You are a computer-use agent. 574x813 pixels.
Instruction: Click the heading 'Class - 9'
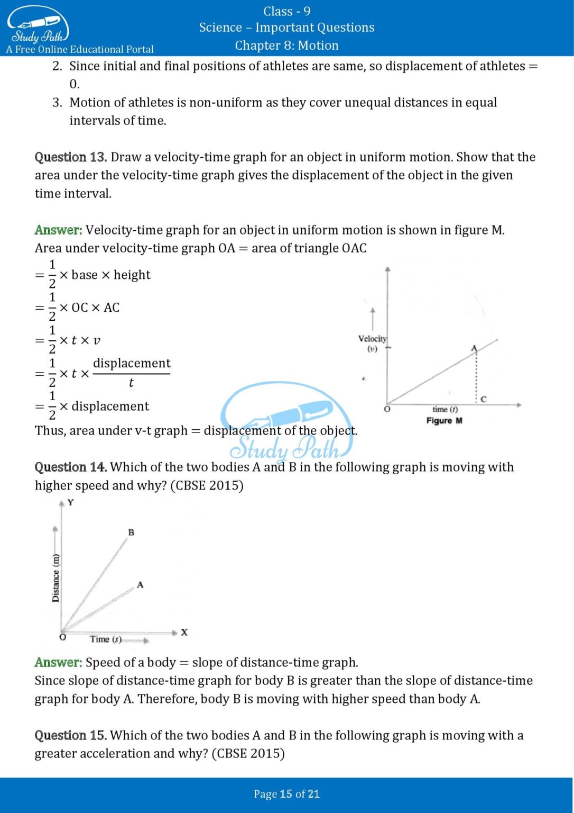(286, 11)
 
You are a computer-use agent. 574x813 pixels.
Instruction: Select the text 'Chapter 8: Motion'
(286, 46)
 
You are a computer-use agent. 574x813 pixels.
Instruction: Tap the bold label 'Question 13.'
(71, 157)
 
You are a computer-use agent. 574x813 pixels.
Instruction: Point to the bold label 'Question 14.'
(71, 467)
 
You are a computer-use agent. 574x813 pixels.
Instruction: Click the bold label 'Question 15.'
(71, 736)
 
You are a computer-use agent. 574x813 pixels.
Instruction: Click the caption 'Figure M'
(444, 421)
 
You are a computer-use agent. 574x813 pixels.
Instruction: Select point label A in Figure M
(474, 348)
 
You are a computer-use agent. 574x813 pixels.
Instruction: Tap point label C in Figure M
(483, 399)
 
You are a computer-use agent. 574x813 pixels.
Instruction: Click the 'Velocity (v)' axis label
(372, 343)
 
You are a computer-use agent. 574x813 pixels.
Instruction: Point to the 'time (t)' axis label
(445, 409)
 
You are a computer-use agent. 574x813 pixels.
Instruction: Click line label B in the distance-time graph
(131, 532)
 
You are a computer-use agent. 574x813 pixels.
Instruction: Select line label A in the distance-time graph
(140, 584)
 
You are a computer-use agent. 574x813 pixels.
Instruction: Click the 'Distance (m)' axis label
(55, 578)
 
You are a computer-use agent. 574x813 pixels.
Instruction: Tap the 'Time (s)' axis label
(105, 639)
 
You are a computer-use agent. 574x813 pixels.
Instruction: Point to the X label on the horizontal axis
(184, 632)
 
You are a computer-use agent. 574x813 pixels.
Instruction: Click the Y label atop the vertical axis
(70, 502)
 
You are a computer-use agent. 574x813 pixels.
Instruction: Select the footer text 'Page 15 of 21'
(286, 794)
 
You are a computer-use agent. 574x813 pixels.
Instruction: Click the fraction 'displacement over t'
(132, 373)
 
